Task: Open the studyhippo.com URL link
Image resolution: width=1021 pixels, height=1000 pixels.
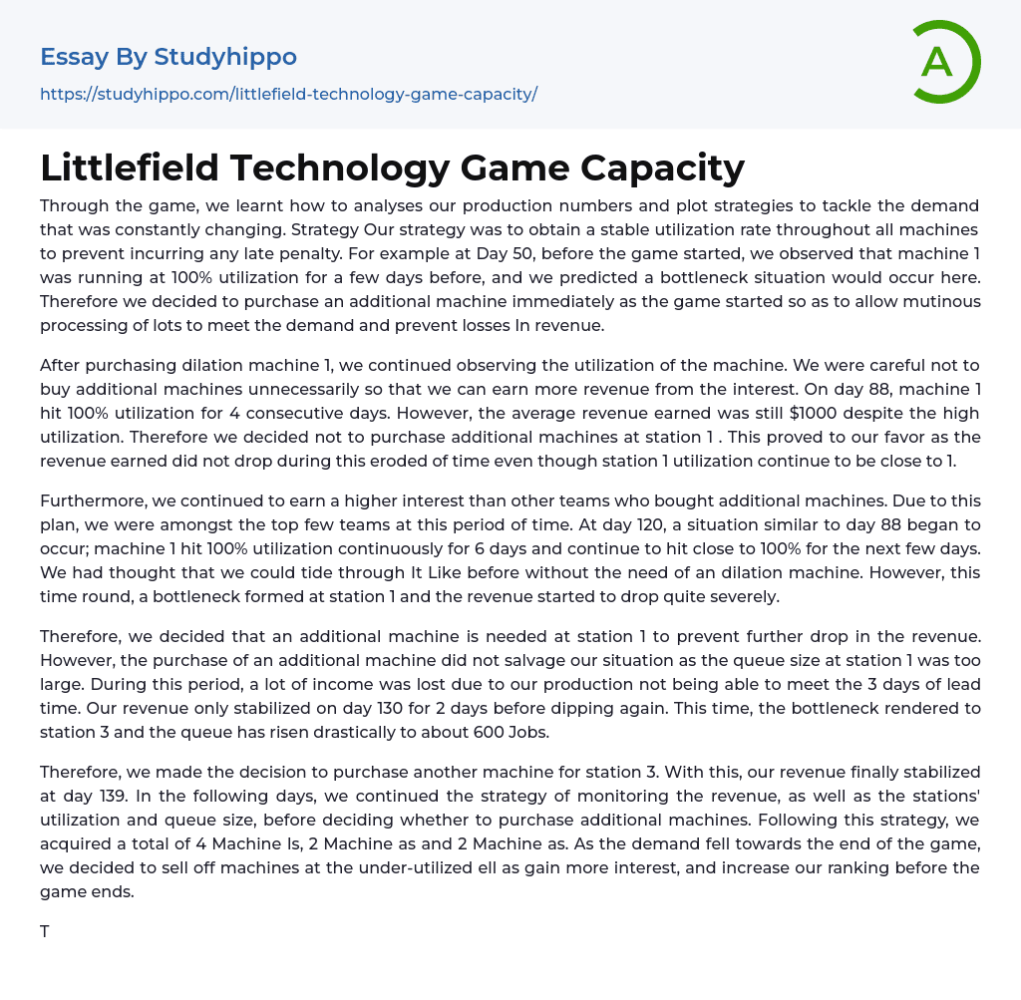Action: pyautogui.click(x=288, y=94)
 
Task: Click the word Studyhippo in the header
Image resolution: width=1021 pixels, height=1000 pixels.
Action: pyautogui.click(x=225, y=57)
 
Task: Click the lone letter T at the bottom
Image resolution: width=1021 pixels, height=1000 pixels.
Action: pyautogui.click(x=45, y=932)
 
